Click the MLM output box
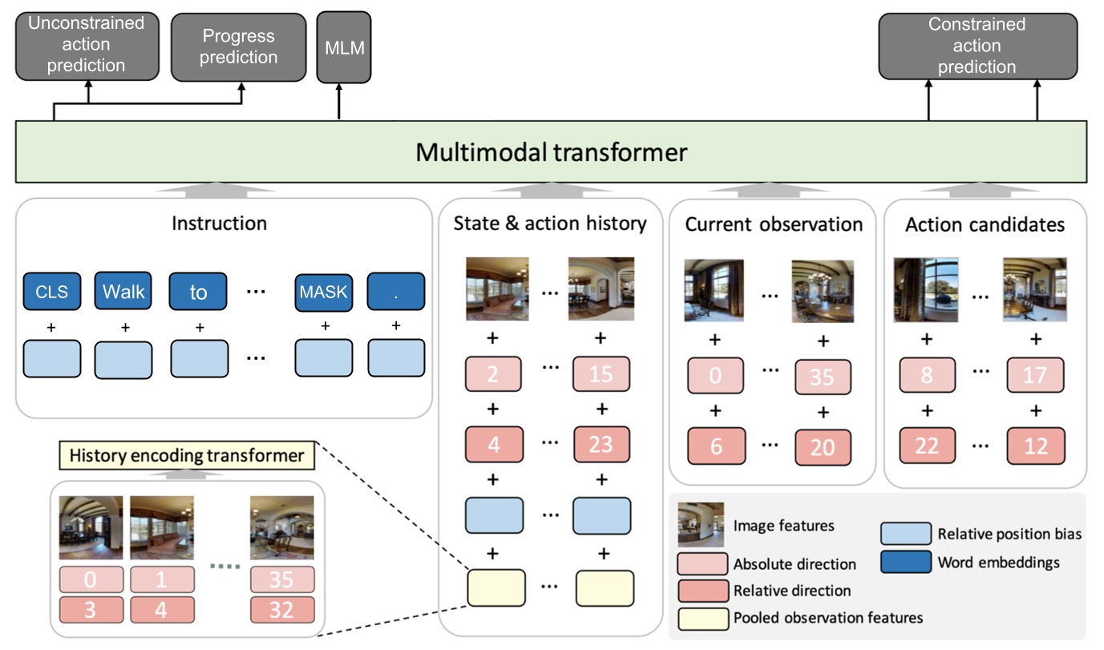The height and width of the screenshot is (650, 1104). click(x=344, y=47)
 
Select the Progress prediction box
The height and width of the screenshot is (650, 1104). click(x=239, y=47)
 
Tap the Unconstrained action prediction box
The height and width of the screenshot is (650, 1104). click(x=86, y=45)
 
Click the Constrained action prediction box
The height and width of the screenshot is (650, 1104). click(x=977, y=46)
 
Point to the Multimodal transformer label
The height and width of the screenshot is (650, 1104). click(x=551, y=152)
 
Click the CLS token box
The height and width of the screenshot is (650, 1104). click(x=51, y=292)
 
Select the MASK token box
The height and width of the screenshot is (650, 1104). click(x=324, y=292)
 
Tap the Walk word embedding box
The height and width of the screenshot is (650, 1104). click(x=123, y=292)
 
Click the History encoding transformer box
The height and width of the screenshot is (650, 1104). click(x=186, y=456)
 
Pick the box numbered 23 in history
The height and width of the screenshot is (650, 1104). click(x=601, y=445)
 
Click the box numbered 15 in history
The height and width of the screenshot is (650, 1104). click(x=601, y=374)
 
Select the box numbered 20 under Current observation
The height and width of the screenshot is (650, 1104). click(x=823, y=447)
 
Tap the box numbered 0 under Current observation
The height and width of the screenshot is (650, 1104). click(x=716, y=375)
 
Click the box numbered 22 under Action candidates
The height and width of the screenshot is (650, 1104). click(x=927, y=446)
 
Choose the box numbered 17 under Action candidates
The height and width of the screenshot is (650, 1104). click(x=1036, y=375)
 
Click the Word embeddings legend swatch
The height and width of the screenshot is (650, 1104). click(x=905, y=563)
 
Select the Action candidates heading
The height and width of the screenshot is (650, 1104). click(x=985, y=224)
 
